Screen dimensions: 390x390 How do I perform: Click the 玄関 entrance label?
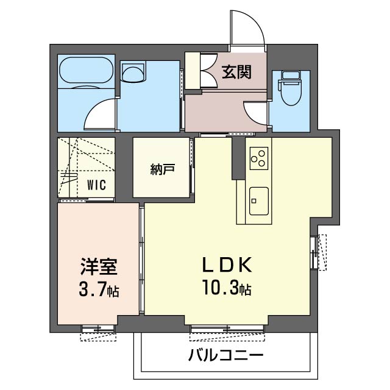click(236, 72)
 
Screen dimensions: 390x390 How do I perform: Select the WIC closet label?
click(96, 185)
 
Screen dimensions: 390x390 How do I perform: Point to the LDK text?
click(227, 265)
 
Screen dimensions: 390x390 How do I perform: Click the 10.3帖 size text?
click(227, 288)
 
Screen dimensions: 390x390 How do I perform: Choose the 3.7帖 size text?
click(99, 289)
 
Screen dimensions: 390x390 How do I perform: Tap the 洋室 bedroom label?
click(99, 266)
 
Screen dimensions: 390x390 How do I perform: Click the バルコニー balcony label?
click(225, 355)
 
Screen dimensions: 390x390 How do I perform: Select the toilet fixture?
click(291, 88)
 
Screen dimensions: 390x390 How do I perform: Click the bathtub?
click(87, 70)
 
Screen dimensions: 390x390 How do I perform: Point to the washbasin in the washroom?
click(133, 72)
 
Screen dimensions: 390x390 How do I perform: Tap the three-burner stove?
click(259, 158)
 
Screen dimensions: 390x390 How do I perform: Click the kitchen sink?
click(259, 201)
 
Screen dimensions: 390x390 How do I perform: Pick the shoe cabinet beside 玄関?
click(193, 71)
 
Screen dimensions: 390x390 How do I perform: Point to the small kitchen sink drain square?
click(254, 200)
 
